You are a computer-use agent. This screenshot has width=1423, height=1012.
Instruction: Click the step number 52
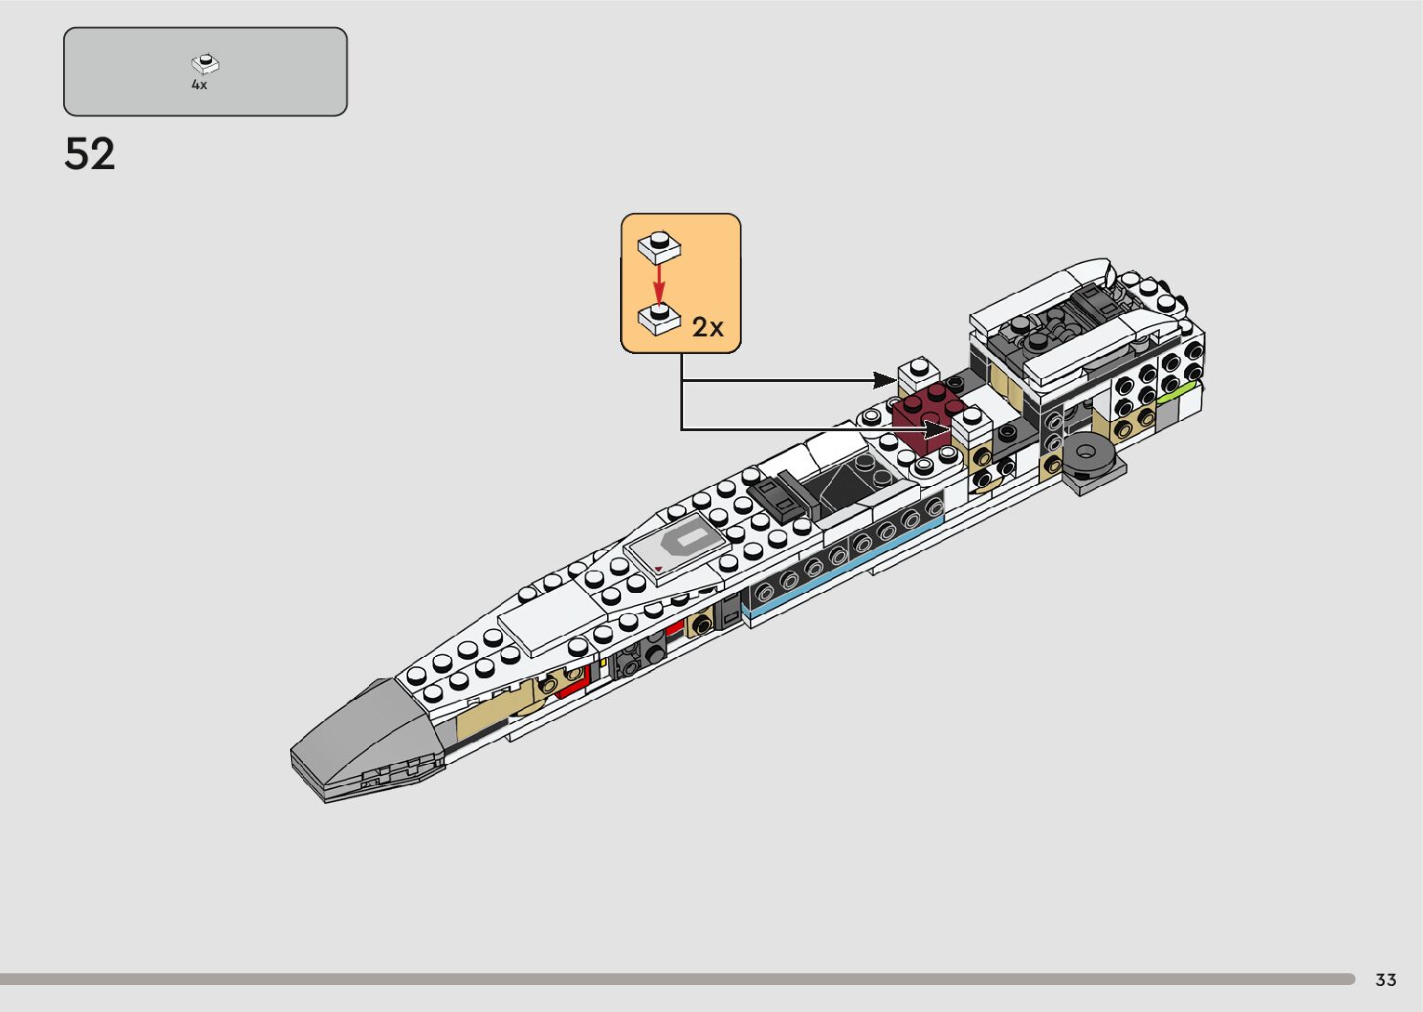[x=89, y=154]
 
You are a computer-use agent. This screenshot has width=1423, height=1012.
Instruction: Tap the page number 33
[x=1386, y=979]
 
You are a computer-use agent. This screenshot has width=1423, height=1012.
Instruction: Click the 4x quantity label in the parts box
[x=199, y=85]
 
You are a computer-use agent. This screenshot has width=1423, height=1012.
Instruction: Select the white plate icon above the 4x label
[x=204, y=64]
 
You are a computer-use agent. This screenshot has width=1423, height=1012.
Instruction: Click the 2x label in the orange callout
[x=707, y=327]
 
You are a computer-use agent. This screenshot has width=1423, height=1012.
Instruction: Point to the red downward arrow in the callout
[x=659, y=283]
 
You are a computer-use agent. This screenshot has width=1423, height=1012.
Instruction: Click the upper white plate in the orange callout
[x=659, y=246]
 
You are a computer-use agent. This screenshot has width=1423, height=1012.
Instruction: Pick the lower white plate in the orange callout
[x=659, y=319]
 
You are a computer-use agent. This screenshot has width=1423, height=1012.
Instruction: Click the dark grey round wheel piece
[x=1090, y=456]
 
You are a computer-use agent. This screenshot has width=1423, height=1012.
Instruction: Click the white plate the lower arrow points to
[x=972, y=423]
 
